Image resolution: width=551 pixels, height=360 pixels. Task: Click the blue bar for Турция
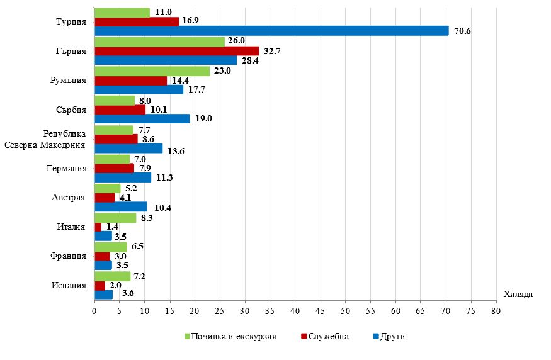coord(271,31)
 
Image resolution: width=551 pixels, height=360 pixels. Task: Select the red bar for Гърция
coord(176,51)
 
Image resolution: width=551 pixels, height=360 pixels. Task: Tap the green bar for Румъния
coord(152,71)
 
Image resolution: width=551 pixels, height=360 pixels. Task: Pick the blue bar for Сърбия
coord(142,119)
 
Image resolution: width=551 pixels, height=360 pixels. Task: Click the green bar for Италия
coord(115,218)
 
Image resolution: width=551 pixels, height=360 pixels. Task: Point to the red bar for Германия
coord(114,168)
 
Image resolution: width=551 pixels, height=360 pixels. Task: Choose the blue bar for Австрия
coord(120,206)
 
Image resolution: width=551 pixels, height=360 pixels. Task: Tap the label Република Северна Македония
coord(45,139)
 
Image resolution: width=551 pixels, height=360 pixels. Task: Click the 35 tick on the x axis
coord(270,311)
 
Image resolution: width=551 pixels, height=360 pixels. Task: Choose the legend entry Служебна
coord(327,337)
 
